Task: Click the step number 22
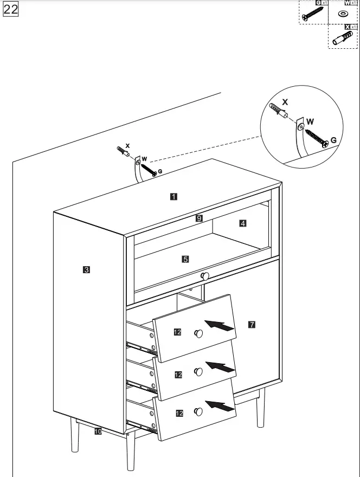point(11,10)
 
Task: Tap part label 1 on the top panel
point(173,197)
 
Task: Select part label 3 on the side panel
point(86,269)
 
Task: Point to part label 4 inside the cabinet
point(243,223)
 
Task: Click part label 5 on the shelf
point(185,259)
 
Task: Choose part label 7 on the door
point(252,325)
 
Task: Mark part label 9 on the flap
point(199,218)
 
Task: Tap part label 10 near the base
point(98,431)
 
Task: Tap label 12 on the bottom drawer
point(179,413)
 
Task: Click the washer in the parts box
point(343,14)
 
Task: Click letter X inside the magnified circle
point(286,101)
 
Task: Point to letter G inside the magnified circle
point(333,140)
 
